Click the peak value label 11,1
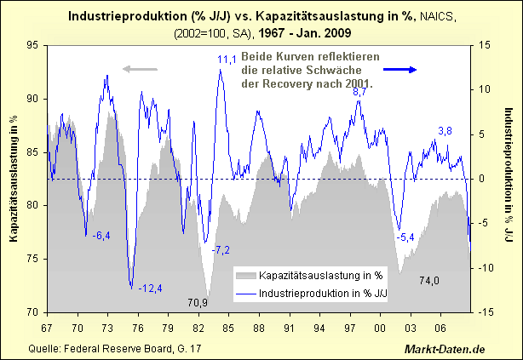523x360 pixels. point(227,59)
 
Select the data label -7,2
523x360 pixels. point(221,249)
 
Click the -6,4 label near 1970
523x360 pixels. point(101,235)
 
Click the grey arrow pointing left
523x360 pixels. point(141,69)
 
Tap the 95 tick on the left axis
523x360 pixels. point(33,45)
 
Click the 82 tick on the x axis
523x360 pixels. point(198,327)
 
